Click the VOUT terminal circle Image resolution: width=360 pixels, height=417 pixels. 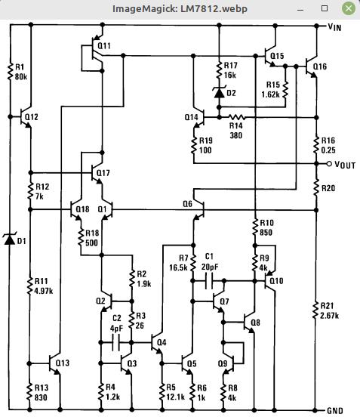pos(329,164)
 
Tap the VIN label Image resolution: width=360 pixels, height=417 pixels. pos(334,27)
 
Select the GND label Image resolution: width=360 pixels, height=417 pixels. pos(335,411)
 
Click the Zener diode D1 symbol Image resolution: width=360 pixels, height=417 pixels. pos(10,239)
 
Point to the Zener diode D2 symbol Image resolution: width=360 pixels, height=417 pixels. pos(219,92)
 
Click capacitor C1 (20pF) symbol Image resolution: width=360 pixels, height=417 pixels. pos(209,281)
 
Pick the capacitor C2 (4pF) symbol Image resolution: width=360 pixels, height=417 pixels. pos(116,343)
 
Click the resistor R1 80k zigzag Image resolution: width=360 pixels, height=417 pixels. pos(11,71)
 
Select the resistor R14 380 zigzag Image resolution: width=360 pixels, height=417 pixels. pos(236,117)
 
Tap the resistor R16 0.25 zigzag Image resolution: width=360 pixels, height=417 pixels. pos(316,145)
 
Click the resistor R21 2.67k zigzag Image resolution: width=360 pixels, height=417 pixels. pos(315,310)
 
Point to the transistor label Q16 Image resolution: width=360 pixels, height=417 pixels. pos(320,66)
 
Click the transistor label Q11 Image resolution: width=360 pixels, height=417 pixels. pos(104,46)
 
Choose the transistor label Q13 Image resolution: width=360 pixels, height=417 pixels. pos(63,363)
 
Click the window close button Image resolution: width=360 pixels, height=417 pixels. pos(349,8)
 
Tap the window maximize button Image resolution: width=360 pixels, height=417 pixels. pos(325,8)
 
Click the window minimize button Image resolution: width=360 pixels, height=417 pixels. pos(300,10)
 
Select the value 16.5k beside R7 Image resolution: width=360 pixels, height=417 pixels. pos(178,267)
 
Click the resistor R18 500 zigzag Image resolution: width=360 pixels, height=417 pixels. pos(81,237)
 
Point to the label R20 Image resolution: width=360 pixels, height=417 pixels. pos(328,188)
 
